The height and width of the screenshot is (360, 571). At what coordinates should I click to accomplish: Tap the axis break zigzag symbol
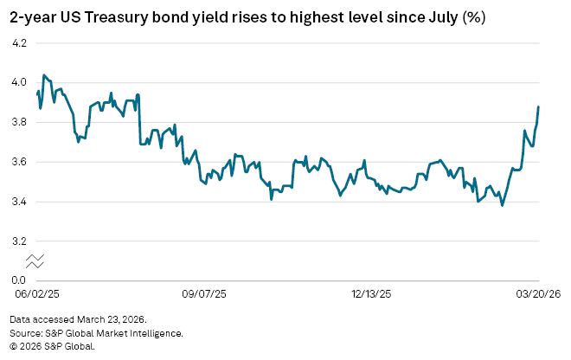click(35, 260)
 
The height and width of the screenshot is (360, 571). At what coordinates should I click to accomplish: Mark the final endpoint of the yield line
click(538, 107)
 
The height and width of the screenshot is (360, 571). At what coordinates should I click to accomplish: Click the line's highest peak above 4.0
click(44, 75)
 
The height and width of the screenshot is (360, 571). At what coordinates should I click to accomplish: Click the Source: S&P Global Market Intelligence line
click(96, 332)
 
